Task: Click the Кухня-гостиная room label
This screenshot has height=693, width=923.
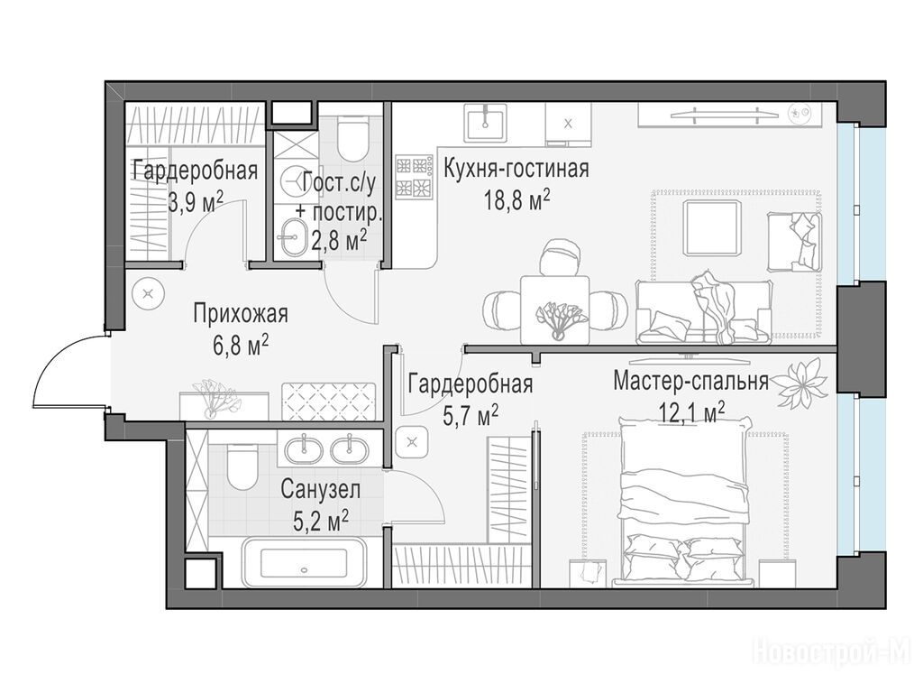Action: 516,169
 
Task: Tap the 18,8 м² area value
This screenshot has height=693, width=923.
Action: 516,200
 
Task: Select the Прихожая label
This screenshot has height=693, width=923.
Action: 241,314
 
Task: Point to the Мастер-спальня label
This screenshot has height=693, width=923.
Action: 690,382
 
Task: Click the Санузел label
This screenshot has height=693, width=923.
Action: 320,489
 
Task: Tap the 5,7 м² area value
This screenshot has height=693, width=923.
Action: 471,415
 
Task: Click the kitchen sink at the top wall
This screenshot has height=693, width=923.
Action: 485,123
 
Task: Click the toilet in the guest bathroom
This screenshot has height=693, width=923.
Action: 353,139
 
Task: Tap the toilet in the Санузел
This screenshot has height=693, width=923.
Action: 242,467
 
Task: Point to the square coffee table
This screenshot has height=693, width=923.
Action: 711,227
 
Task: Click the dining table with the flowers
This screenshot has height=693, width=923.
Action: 554,309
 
